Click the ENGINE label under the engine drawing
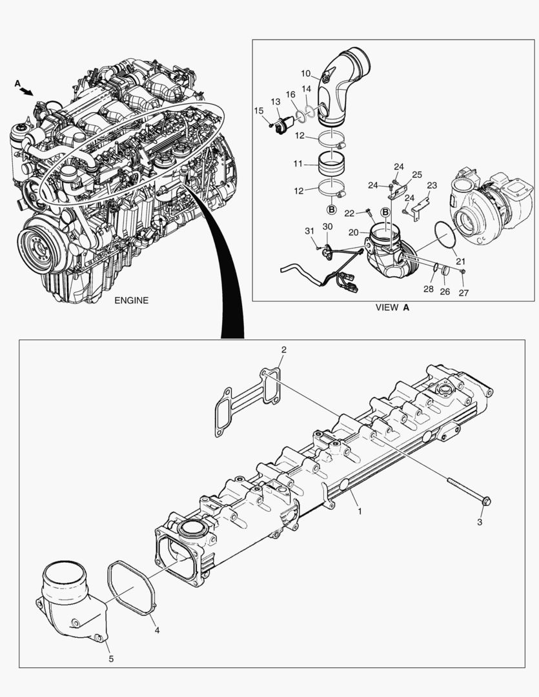tap(131, 300)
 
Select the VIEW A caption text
tap(392, 308)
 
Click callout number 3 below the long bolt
tap(479, 522)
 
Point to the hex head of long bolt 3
tap(487, 500)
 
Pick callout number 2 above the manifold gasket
tap(283, 350)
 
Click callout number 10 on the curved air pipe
tap(305, 73)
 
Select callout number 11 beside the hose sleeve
tap(298, 165)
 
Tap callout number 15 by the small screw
tap(258, 111)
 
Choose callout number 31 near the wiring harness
tap(309, 231)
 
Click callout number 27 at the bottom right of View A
tap(463, 292)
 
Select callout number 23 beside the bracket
tap(431, 185)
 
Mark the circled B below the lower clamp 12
tap(331, 210)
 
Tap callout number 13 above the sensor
tap(275, 102)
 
